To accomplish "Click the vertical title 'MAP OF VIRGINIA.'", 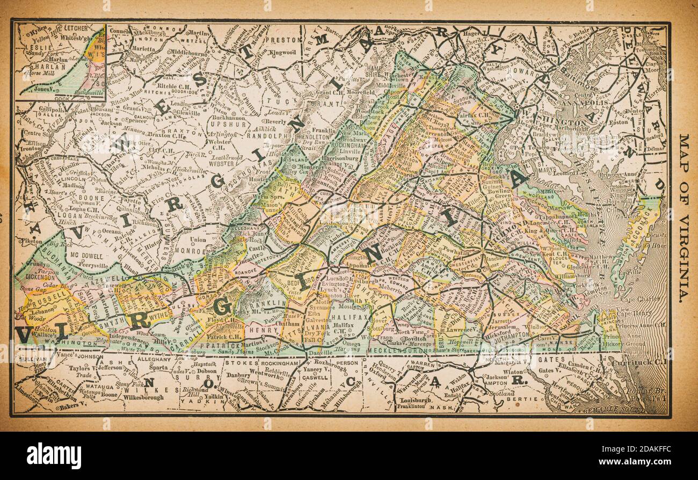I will (684, 218).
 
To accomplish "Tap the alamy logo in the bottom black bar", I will (54, 456).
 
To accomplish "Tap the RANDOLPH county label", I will (264, 136).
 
